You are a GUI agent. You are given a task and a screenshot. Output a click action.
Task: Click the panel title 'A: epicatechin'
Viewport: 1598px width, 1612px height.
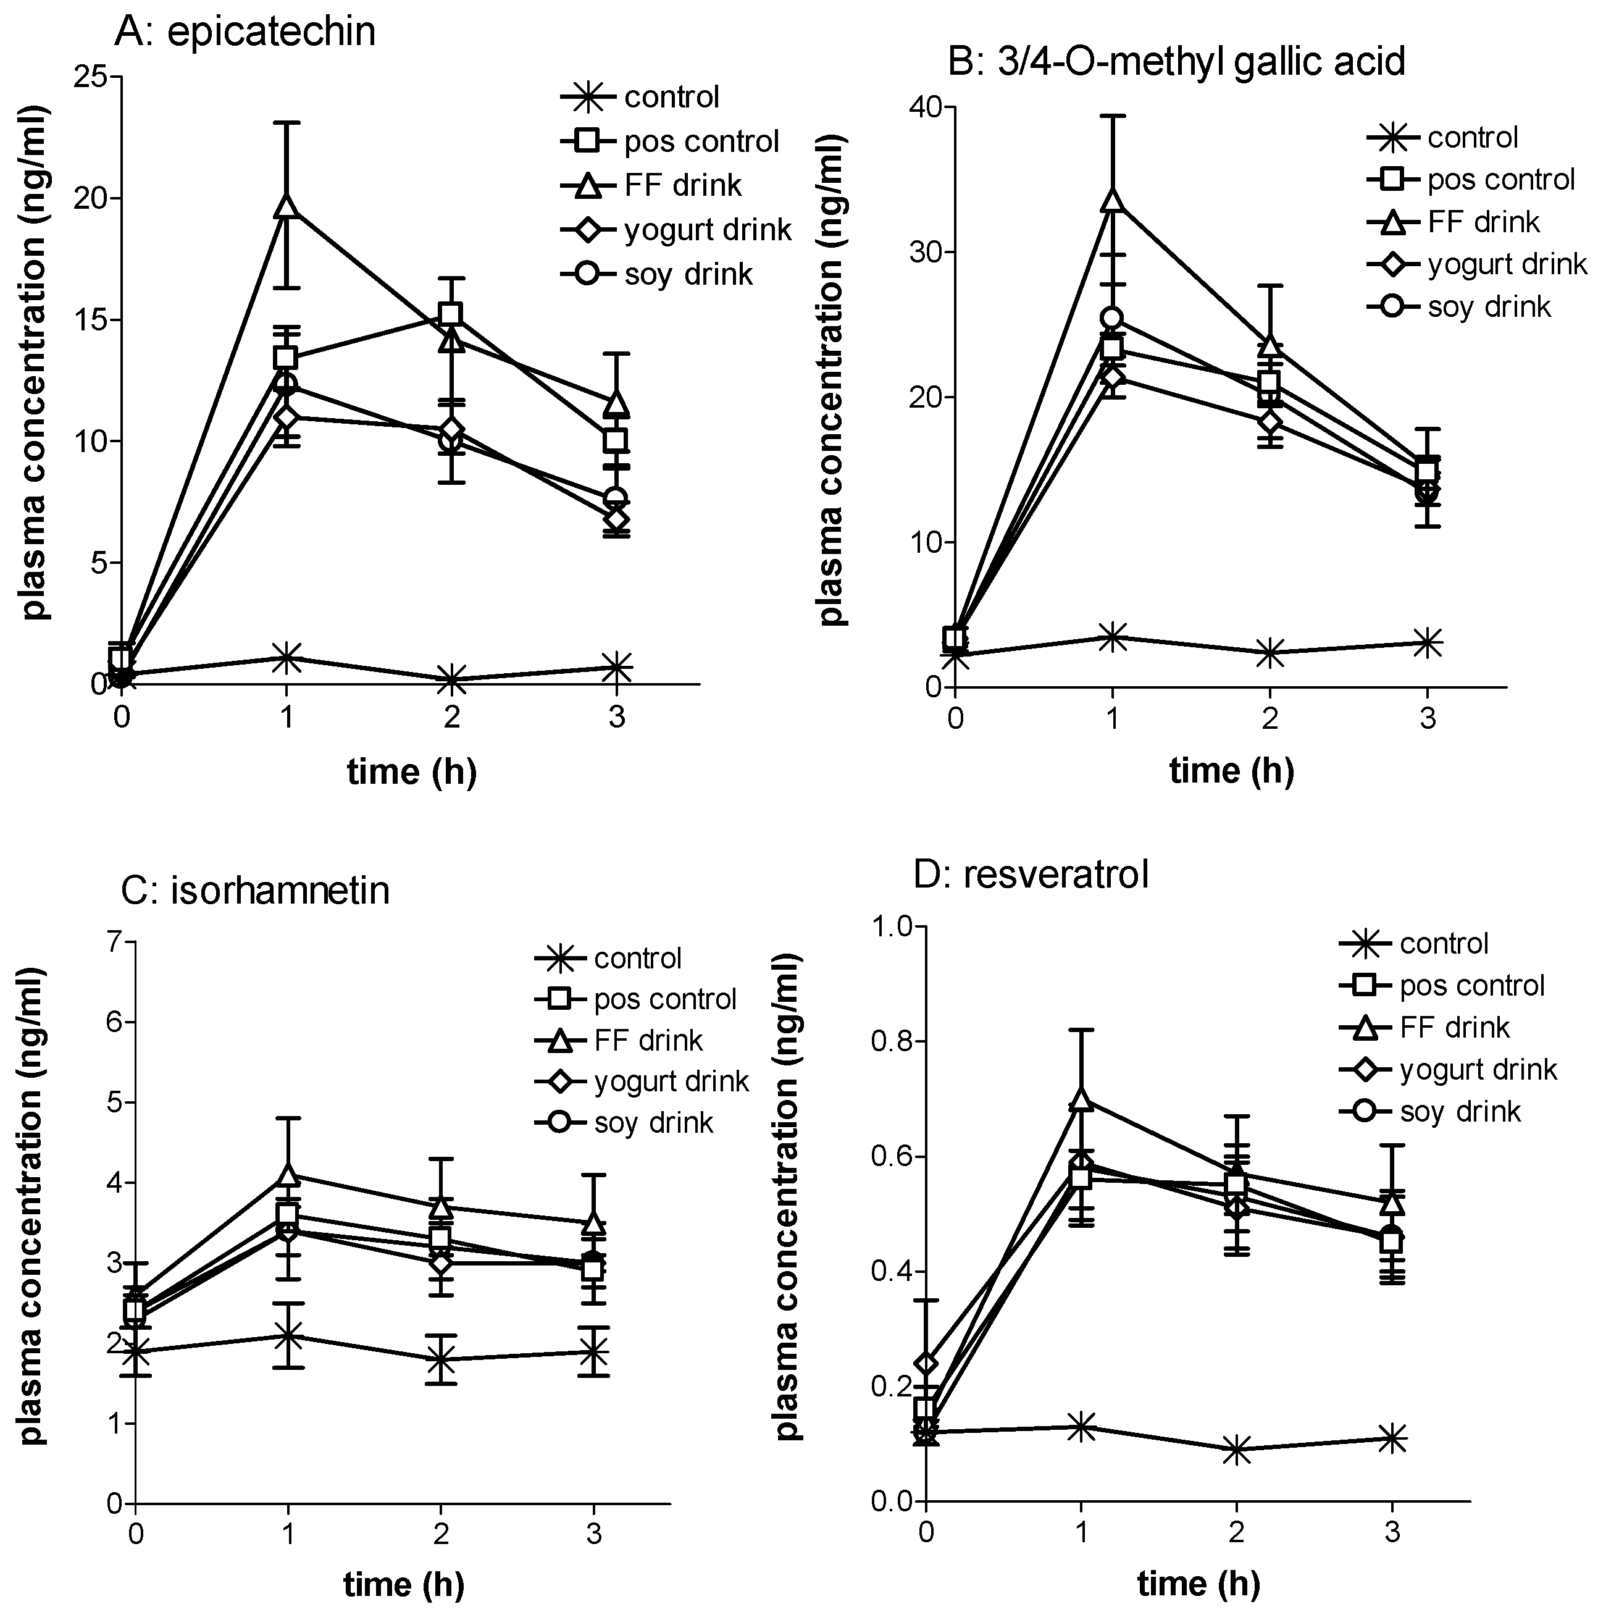coord(245,31)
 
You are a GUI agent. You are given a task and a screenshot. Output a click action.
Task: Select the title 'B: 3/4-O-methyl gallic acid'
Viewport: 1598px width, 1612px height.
coord(1177,61)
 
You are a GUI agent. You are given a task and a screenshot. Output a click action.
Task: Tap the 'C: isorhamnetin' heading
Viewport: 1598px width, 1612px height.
coord(255,890)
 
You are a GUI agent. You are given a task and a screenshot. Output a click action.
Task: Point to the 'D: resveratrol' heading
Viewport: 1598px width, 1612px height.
coord(1032,873)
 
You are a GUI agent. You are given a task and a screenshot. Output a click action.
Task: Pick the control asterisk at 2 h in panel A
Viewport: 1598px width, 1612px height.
coord(451,679)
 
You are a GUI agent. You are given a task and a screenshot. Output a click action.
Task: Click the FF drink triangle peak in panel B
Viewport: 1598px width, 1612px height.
coord(1112,199)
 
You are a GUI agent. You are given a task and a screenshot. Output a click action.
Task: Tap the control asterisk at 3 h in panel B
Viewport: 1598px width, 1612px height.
coord(1428,642)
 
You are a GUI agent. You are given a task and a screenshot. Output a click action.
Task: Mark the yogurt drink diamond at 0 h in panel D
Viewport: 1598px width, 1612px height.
coord(926,1363)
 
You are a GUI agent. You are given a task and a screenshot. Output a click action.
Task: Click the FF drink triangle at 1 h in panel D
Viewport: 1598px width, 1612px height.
coord(1081,1099)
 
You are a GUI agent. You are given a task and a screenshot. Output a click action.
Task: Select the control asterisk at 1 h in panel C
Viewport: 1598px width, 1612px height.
coord(288,1335)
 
